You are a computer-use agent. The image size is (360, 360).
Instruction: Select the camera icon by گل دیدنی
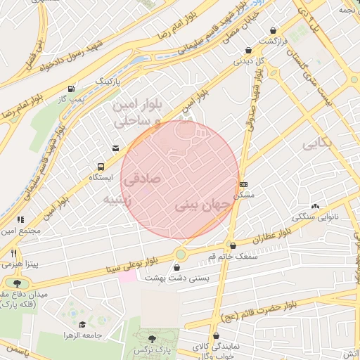tap(249, 50)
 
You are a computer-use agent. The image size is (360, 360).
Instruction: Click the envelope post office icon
tap(115, 148)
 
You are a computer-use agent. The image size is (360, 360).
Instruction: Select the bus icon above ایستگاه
tap(101, 167)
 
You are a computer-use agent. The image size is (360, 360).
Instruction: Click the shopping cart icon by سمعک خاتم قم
tap(233, 245)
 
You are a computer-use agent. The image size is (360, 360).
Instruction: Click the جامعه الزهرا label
tap(83, 335)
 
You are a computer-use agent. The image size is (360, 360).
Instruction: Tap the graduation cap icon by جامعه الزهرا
tap(82, 324)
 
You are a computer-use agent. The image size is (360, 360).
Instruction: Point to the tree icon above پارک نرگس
tap(151, 340)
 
